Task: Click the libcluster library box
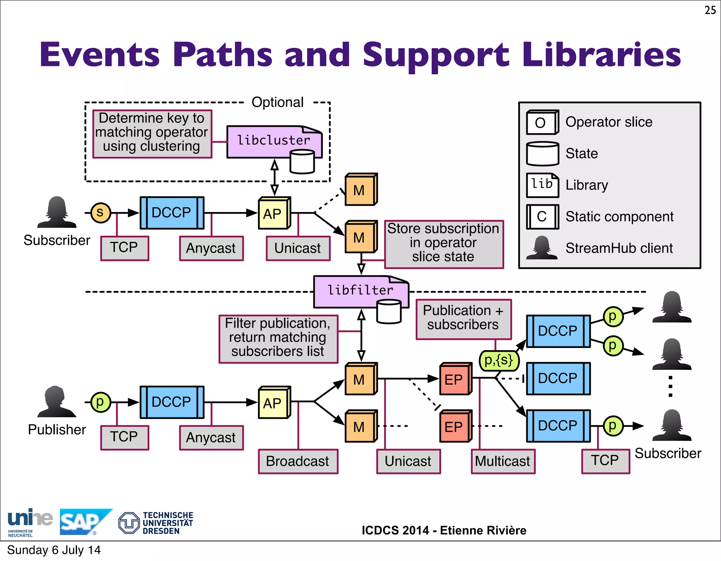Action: point(274,141)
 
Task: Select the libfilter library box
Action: point(360,291)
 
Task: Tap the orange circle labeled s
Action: point(100,213)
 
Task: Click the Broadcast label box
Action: point(298,461)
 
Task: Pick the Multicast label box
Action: point(503,461)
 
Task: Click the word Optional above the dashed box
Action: point(277,102)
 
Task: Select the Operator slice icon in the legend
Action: point(542,122)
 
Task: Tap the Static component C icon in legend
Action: point(542,217)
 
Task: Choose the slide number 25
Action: point(710,10)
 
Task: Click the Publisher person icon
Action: point(56,401)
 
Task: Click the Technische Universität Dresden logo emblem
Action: point(129,523)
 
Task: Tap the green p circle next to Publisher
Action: point(100,402)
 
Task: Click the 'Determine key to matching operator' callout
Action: point(152,133)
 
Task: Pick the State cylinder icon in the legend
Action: point(542,154)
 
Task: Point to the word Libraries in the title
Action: point(601,55)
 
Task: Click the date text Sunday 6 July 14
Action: point(54,550)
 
